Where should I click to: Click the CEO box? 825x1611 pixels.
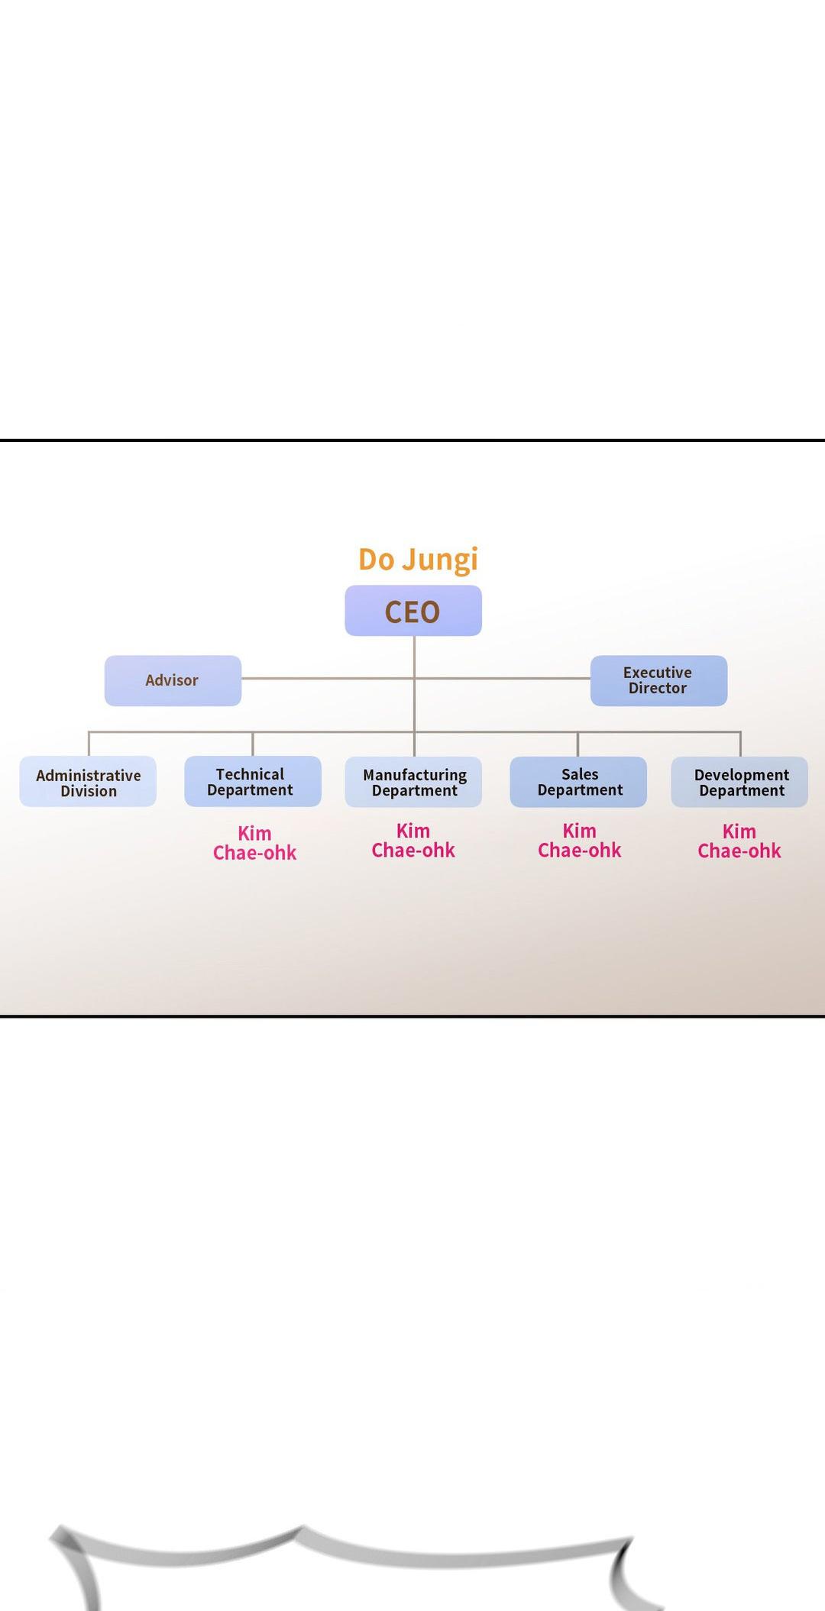tap(413, 611)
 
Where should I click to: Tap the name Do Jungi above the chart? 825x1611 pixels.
tap(418, 560)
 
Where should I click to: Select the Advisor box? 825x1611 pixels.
tap(173, 680)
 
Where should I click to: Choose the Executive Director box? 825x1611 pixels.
tap(658, 680)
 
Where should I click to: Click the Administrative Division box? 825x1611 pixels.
tap(88, 782)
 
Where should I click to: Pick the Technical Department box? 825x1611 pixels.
tap(252, 781)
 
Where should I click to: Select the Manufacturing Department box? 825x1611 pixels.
tap(413, 782)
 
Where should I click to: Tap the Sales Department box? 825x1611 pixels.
tap(578, 781)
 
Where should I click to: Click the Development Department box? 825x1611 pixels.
tap(739, 782)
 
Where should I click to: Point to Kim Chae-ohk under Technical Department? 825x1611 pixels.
tap(254, 843)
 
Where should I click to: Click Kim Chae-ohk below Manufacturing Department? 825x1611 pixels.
tap(413, 841)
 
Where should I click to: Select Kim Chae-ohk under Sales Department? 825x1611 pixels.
tap(579, 841)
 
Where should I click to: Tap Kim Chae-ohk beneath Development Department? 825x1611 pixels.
tap(739, 841)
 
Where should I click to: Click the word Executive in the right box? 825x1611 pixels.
tap(657, 673)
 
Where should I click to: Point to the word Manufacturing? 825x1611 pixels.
tap(415, 775)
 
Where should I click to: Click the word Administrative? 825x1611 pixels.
tap(89, 776)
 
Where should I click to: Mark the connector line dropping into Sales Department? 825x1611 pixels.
tap(577, 744)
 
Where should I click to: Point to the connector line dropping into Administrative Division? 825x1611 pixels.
tap(89, 744)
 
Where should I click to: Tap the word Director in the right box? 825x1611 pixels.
tap(658, 688)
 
